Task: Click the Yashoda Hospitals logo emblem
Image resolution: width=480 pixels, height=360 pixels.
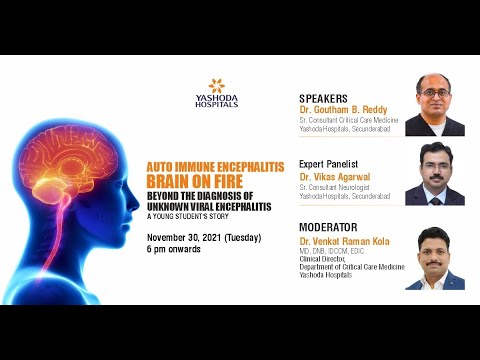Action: click(216, 86)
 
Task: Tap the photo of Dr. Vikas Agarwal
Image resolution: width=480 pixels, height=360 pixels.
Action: click(434, 173)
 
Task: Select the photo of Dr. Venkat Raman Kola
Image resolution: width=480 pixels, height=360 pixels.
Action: click(434, 258)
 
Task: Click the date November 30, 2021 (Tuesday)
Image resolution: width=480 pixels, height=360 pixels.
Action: click(204, 237)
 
